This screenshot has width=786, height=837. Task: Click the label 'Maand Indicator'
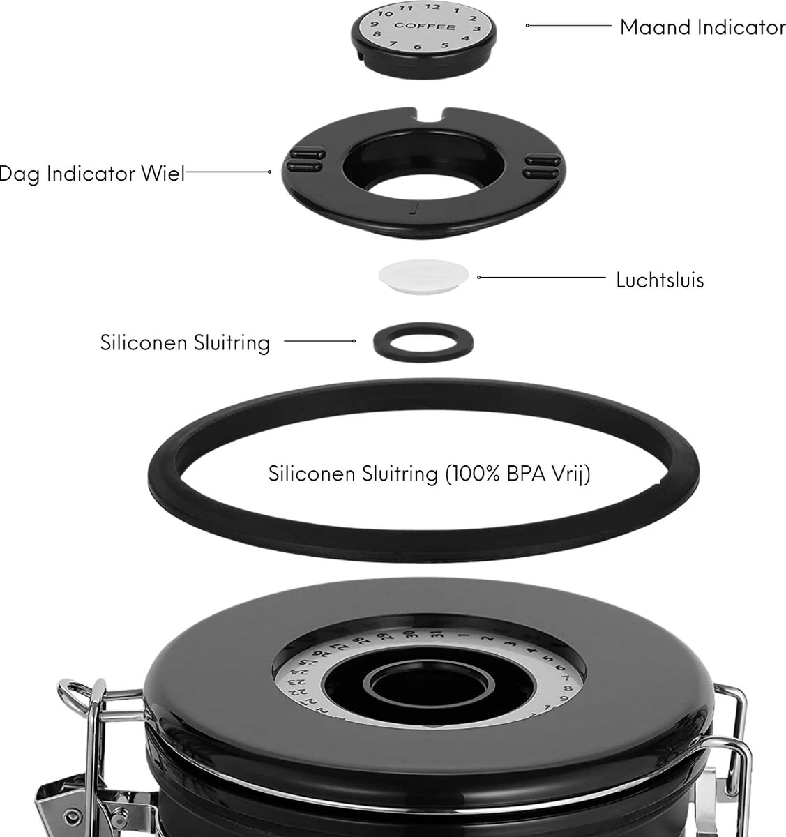tap(702, 27)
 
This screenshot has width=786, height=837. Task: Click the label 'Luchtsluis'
tap(660, 280)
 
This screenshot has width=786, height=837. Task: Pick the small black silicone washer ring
tap(423, 342)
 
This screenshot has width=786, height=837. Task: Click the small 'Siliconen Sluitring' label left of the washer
tap(185, 342)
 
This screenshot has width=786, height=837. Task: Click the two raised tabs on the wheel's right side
tap(542, 165)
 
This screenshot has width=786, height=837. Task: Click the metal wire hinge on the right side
tap(732, 725)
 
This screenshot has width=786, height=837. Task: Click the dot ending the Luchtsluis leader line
tap(478, 278)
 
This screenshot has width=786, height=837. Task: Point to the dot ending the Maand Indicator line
tap(527, 25)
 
